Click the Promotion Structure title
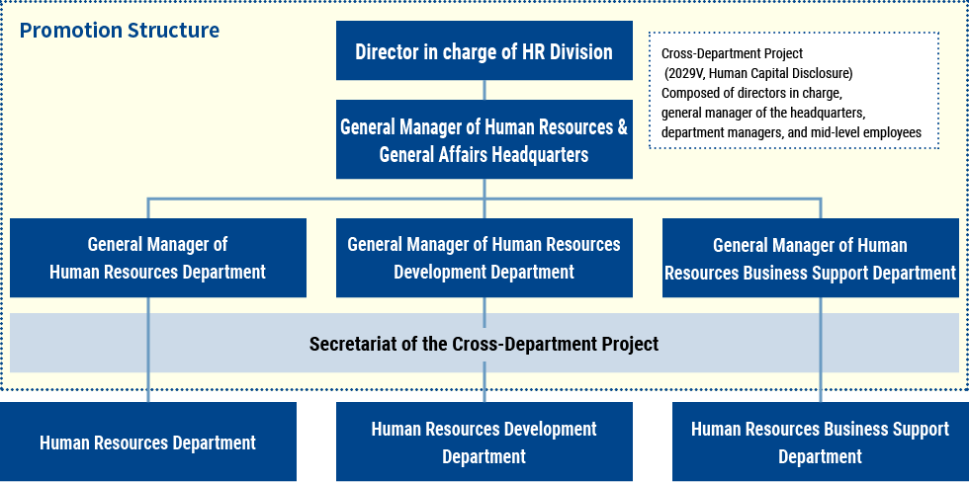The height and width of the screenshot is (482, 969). tap(120, 31)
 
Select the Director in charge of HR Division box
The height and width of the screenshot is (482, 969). tap(484, 50)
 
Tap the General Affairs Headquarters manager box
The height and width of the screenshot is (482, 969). tap(484, 139)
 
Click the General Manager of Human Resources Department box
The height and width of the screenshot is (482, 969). tap(157, 258)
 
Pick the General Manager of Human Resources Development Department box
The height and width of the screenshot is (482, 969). tap(484, 258)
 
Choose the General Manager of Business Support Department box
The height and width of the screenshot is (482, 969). tap(810, 258)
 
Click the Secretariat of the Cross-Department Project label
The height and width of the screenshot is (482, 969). tap(484, 344)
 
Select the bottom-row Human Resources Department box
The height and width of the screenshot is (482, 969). tap(147, 442)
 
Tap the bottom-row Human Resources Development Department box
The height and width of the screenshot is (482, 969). tap(484, 442)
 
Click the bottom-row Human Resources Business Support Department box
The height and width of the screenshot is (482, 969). tap(820, 442)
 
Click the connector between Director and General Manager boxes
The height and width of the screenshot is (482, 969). tap(484, 90)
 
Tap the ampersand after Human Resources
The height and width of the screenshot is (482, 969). tap(622, 127)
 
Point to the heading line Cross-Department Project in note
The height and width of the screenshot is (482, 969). tap(733, 54)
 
